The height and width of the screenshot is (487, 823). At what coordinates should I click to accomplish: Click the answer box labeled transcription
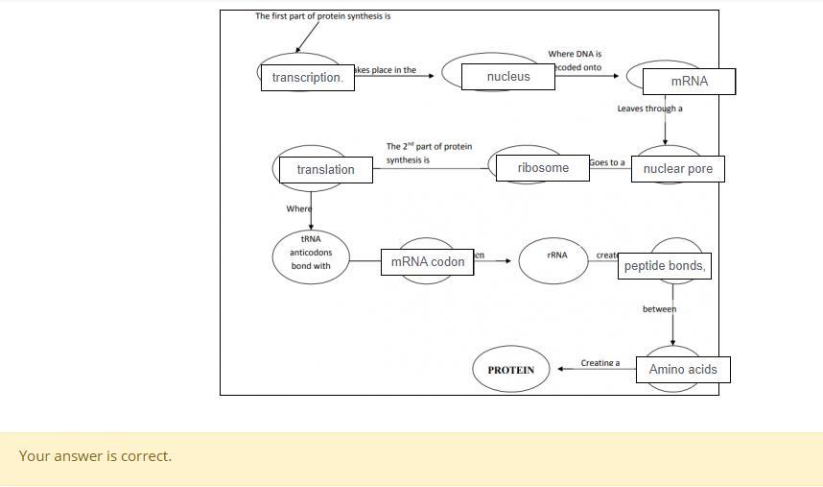(307, 78)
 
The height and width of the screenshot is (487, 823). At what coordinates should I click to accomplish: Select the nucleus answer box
(507, 77)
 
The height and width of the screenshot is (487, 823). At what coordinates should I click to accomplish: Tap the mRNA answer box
(689, 82)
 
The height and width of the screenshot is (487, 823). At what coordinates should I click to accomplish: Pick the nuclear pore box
(677, 169)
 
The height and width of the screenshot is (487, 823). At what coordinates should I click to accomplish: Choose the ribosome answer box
(543, 168)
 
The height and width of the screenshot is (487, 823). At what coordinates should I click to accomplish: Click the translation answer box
(325, 170)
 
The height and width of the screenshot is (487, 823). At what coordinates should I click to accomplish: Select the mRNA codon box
(427, 261)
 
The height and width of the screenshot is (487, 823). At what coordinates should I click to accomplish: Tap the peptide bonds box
(664, 266)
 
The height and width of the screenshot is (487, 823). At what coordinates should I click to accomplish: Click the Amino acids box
(682, 369)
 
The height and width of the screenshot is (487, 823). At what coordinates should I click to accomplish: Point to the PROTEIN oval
(510, 370)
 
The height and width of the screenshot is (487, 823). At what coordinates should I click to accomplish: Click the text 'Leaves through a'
(649, 109)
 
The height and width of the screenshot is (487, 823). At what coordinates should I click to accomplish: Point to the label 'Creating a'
(600, 363)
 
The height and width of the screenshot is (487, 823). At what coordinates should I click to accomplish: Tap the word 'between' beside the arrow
(659, 309)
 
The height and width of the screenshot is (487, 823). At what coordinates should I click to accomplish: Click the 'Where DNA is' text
(575, 55)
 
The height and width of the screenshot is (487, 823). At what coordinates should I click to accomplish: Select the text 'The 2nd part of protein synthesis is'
(429, 153)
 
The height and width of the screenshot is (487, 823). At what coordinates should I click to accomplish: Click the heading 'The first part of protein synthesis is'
(322, 16)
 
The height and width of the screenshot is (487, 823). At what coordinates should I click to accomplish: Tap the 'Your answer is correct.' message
(95, 456)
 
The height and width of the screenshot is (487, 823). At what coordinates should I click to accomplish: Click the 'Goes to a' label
(607, 162)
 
